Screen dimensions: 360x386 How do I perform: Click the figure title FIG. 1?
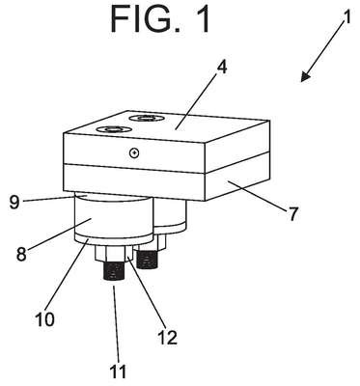coord(160,19)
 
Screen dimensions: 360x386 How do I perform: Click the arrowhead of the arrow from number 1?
coord(306,77)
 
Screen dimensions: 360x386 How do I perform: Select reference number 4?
coord(221,69)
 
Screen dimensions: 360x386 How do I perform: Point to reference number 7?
coord(292,213)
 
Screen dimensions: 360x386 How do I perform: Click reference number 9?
coord(14,202)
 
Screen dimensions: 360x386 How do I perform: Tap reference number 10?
coord(44,318)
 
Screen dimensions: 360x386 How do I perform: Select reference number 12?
coord(167,336)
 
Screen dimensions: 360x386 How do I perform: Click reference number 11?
coord(118,371)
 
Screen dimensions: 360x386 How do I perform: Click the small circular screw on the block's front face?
coord(134,153)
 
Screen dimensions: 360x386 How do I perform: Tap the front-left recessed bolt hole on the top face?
coord(114,129)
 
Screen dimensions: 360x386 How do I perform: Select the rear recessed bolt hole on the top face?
coord(147,118)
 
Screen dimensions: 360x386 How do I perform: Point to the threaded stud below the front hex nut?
coord(115,270)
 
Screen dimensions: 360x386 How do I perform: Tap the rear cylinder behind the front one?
coord(170,214)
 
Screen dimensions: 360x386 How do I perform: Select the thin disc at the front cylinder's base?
coord(114,240)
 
